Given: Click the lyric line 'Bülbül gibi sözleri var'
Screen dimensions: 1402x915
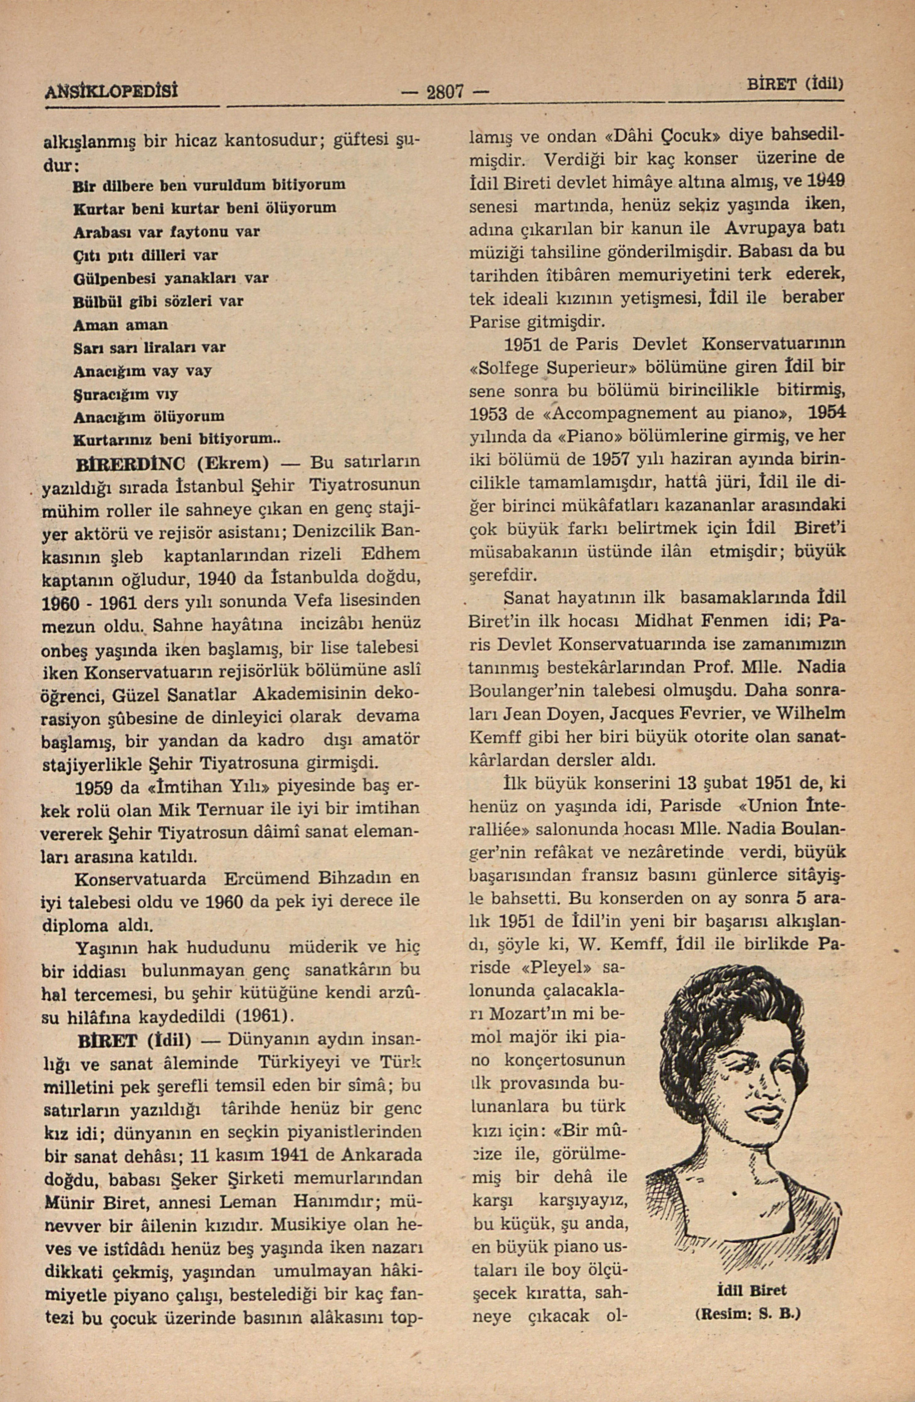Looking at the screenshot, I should pyautogui.click(x=158, y=301).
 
